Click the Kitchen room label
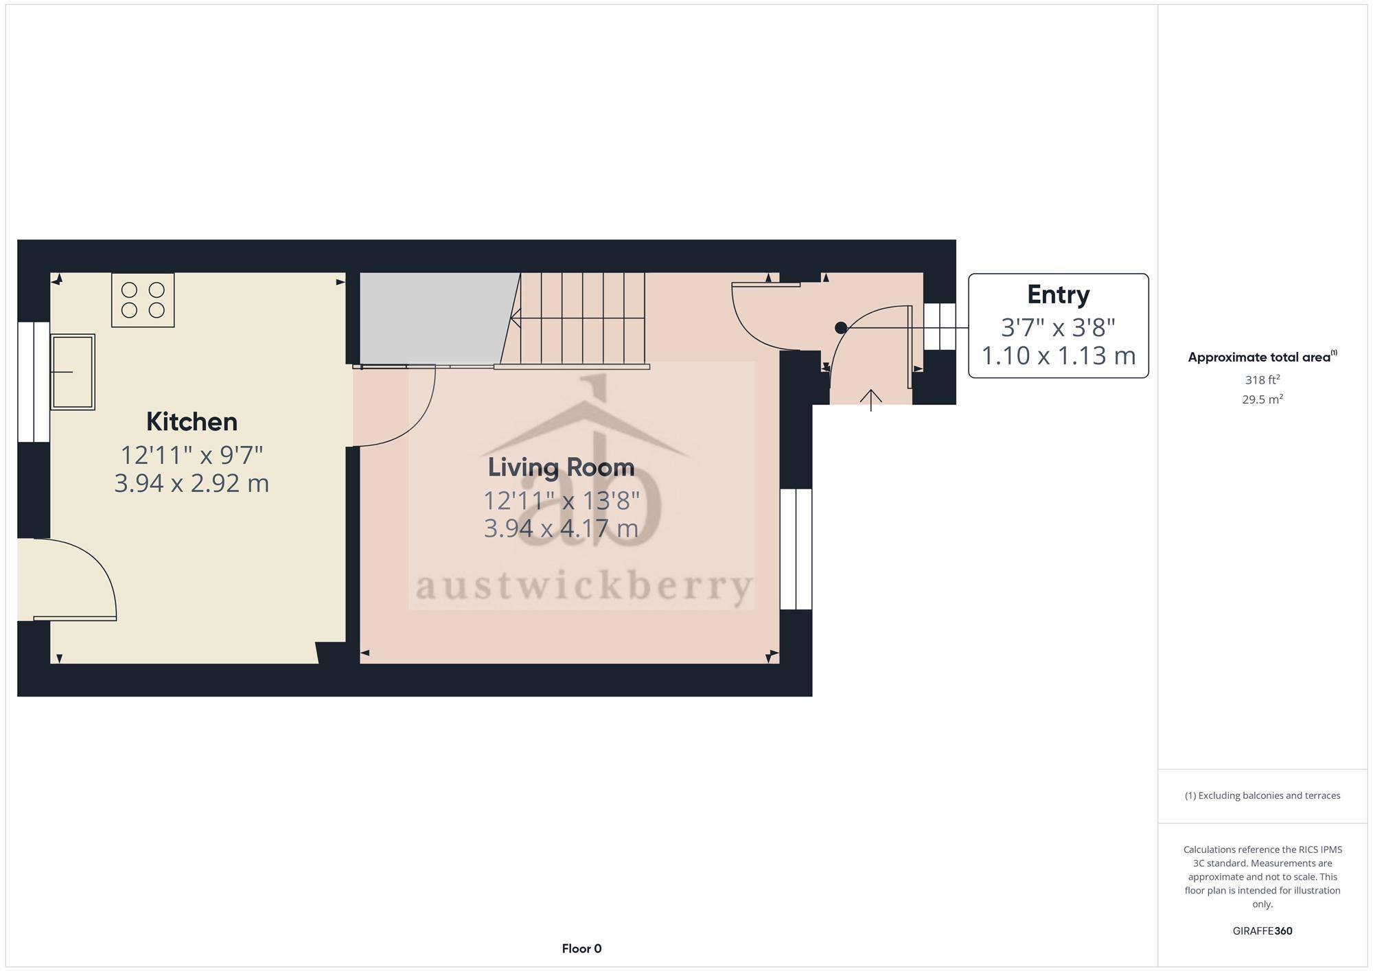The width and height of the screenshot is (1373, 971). [x=192, y=421]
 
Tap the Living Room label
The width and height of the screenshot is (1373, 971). [x=561, y=467]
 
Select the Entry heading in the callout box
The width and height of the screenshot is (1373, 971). [x=1058, y=294]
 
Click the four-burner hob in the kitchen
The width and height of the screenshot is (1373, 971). [x=143, y=300]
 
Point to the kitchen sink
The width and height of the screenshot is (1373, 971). [x=72, y=372]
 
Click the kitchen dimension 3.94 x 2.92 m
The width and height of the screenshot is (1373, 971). [x=192, y=483]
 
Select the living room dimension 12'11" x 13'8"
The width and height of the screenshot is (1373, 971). [x=561, y=501]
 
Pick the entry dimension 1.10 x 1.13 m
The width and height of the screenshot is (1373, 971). [x=1058, y=355]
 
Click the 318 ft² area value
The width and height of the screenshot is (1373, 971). [x=1262, y=379]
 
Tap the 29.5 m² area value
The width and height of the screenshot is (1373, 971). [x=1262, y=399]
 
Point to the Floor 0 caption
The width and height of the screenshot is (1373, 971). [x=581, y=948]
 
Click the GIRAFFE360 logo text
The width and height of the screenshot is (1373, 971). [x=1262, y=931]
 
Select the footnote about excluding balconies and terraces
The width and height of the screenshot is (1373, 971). [x=1262, y=795]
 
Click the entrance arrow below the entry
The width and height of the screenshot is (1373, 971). [x=870, y=399]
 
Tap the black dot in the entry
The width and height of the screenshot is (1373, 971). [x=841, y=328]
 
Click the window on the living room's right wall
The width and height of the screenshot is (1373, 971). [x=796, y=548]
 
